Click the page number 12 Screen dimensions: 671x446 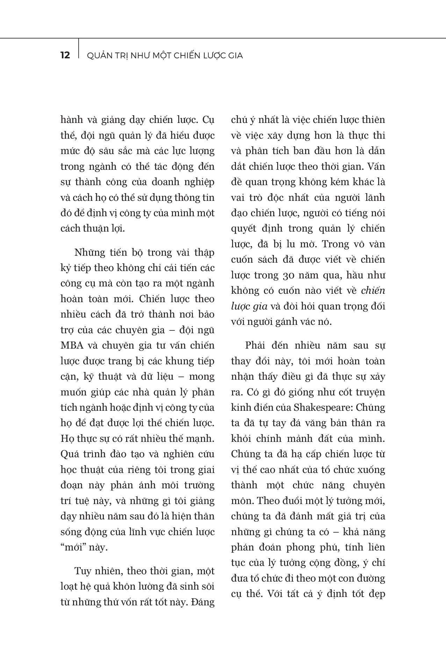coord(65,55)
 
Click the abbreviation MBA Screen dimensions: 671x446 coord(72,345)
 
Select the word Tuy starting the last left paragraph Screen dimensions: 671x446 coord(82,571)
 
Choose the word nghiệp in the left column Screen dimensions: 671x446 coord(198,182)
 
